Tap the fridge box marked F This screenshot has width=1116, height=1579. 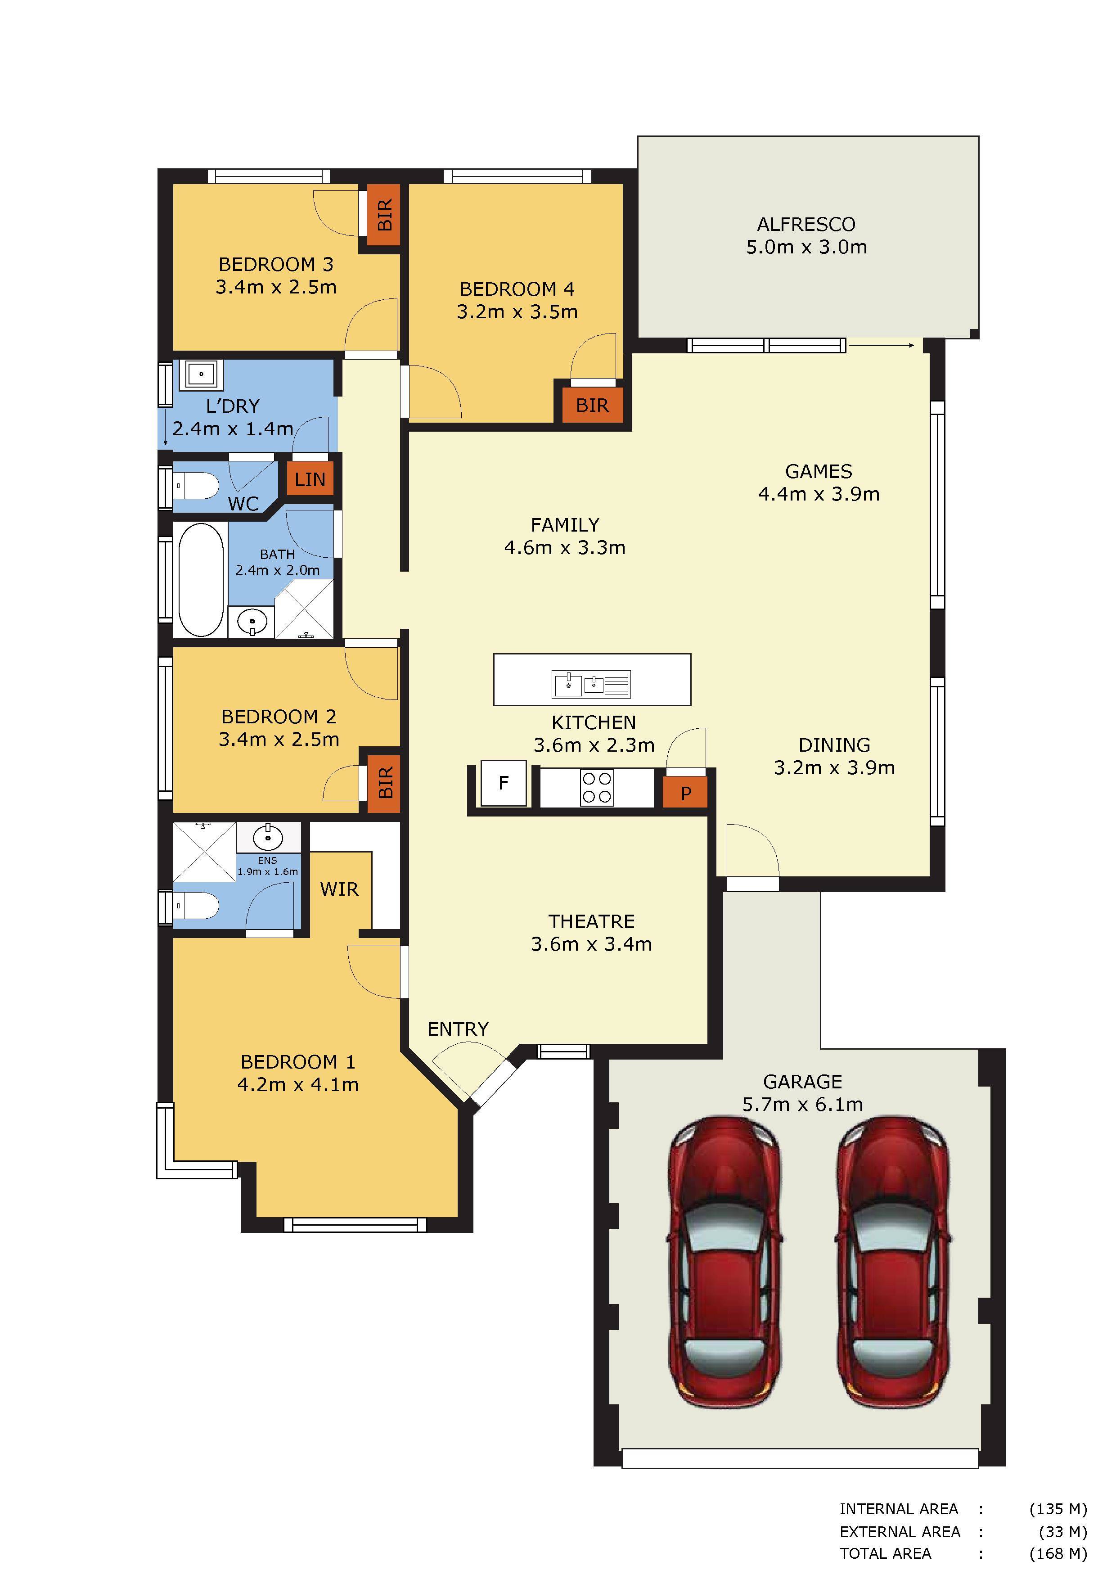tap(504, 783)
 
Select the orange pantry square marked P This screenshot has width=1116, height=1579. tap(685, 794)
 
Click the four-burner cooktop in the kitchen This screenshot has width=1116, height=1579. tap(597, 787)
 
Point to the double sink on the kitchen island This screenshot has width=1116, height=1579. tap(591, 684)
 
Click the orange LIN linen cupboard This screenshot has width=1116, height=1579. tap(310, 479)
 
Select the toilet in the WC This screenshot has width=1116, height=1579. tap(195, 486)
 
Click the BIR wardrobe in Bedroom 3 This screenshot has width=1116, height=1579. tap(384, 215)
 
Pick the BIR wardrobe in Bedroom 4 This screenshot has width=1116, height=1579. tap(593, 406)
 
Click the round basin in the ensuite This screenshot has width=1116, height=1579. tap(267, 838)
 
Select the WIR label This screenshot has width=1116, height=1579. tap(339, 889)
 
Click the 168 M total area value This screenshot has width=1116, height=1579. tap(1058, 1553)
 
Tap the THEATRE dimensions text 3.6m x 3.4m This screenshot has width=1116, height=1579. tap(591, 944)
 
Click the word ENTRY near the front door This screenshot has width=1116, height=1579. tap(458, 1029)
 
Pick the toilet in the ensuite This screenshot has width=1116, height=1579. tap(195, 906)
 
